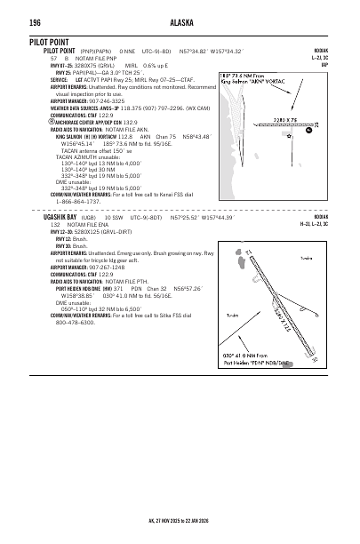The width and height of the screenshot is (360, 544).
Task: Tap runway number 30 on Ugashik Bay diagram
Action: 315,363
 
